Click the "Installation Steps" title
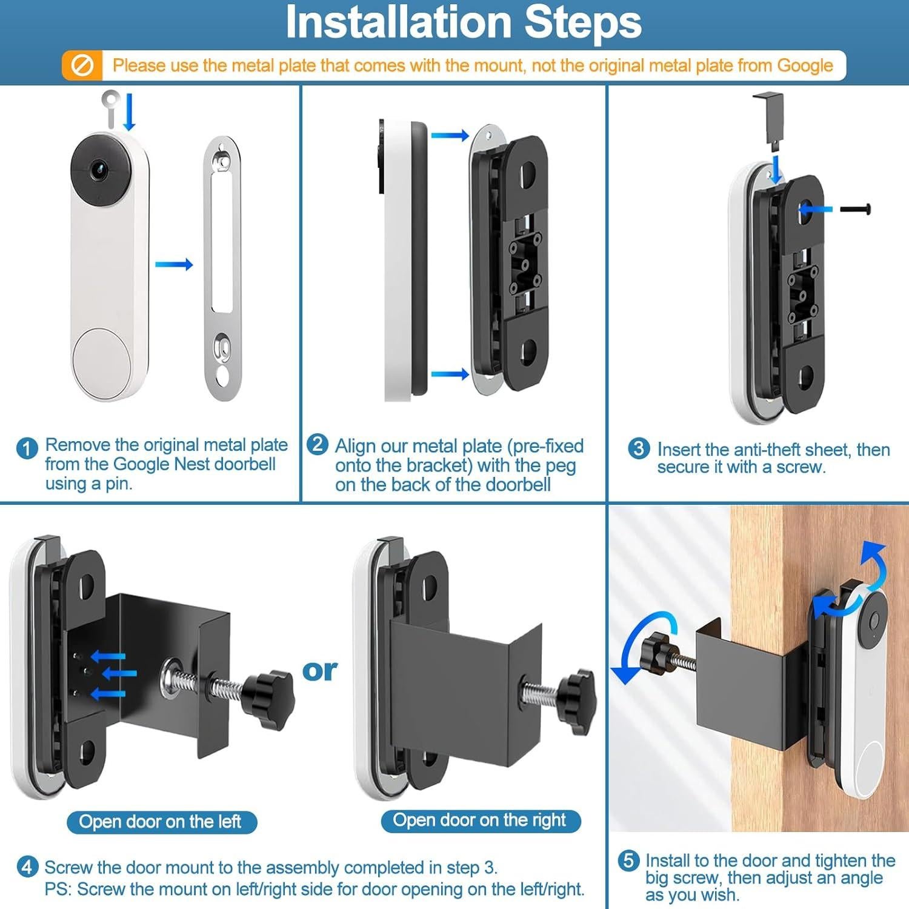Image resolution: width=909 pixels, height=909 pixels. pyautogui.click(x=463, y=22)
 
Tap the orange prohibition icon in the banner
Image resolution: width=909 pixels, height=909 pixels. pyautogui.click(x=82, y=65)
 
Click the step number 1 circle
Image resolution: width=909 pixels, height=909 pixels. pyautogui.click(x=27, y=449)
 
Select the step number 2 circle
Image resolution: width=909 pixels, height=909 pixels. pyautogui.click(x=317, y=444)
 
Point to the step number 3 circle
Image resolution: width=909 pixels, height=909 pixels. pyautogui.click(x=639, y=449)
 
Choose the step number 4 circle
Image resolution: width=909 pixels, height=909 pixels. pyautogui.click(x=27, y=867)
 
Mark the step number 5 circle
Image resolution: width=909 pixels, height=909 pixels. pyautogui.click(x=628, y=861)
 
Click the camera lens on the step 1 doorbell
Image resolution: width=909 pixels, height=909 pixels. pyautogui.click(x=99, y=170)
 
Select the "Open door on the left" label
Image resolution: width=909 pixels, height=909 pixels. pyautogui.click(x=161, y=822)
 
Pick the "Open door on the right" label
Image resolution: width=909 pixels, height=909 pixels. pyautogui.click(x=479, y=821)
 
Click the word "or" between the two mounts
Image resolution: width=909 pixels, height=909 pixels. pyautogui.click(x=319, y=670)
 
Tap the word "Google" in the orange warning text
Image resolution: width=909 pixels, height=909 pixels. pyautogui.click(x=805, y=66)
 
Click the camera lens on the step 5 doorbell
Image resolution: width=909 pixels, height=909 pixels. pyautogui.click(x=873, y=621)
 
